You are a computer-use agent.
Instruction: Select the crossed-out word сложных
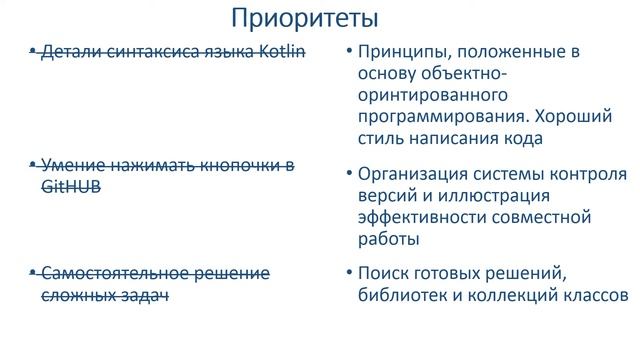point(78,294)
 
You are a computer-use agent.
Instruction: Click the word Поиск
point(381,274)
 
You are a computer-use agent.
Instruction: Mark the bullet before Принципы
point(344,51)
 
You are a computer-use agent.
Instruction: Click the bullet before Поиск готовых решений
point(344,274)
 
